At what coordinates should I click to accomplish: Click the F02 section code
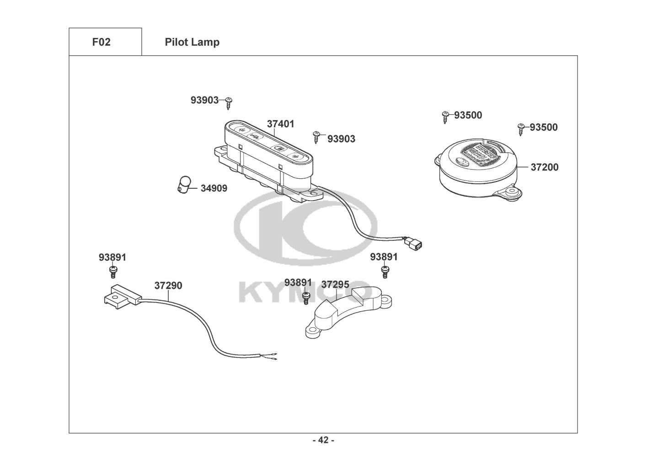pyautogui.click(x=102, y=42)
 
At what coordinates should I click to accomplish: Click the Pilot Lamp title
pyautogui.click(x=192, y=42)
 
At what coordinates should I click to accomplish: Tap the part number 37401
pyautogui.click(x=280, y=124)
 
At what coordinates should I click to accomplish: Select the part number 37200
pyautogui.click(x=545, y=167)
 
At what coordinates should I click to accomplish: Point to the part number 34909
pyautogui.click(x=214, y=188)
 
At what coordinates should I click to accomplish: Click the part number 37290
pyautogui.click(x=168, y=286)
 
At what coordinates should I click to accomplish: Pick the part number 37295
pyautogui.click(x=335, y=284)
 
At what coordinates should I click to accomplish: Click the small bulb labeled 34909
pyautogui.click(x=184, y=185)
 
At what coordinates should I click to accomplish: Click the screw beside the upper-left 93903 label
pyautogui.click(x=229, y=103)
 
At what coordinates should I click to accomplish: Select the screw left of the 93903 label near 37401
pyautogui.click(x=316, y=137)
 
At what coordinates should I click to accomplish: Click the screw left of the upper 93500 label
pyautogui.click(x=445, y=117)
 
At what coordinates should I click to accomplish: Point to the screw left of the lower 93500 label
pyautogui.click(x=521, y=129)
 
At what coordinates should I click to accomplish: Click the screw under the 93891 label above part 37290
pyautogui.click(x=113, y=272)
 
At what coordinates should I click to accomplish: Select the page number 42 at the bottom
pyautogui.click(x=323, y=440)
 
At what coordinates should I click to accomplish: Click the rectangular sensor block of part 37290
pyautogui.click(x=123, y=297)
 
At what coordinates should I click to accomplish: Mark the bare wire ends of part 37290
pyautogui.click(x=273, y=356)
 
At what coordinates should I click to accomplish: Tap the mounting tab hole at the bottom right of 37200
pyautogui.click(x=513, y=191)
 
